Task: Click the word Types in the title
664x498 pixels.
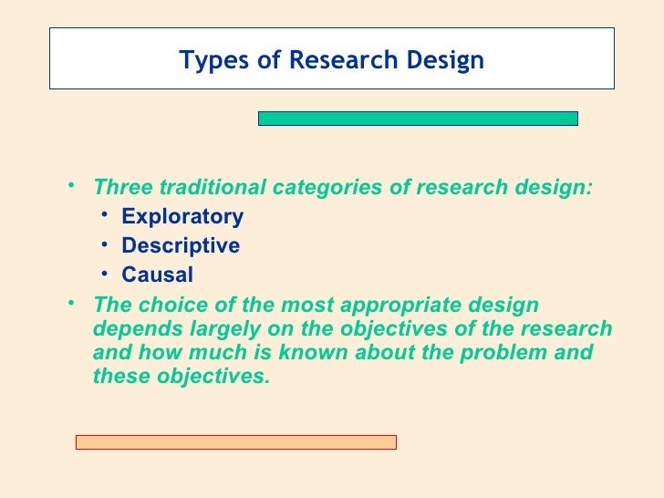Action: coord(210,60)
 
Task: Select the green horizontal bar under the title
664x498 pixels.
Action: coord(418,118)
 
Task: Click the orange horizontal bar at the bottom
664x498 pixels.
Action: coord(235,441)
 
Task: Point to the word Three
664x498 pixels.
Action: coord(123,188)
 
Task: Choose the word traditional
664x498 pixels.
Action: coord(212,188)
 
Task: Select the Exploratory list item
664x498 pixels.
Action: coord(182,217)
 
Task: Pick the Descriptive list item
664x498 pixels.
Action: coord(181,246)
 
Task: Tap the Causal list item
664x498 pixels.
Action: coord(157,275)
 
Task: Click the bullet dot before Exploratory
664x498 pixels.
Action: coord(107,216)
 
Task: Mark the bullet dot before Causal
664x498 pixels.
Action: coord(107,275)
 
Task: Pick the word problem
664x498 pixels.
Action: coord(509,353)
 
